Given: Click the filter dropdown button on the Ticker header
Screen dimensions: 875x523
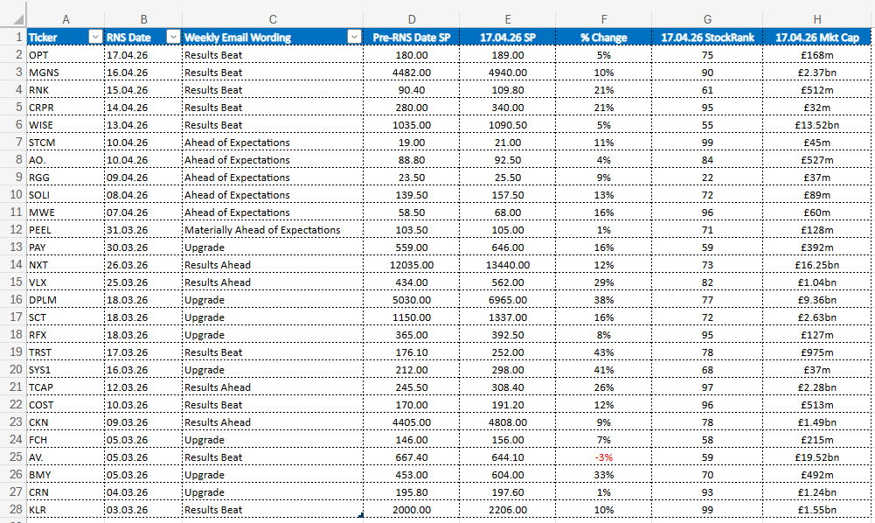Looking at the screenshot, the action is pos(95,37).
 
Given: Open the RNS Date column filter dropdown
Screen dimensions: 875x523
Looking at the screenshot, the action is pos(174,37).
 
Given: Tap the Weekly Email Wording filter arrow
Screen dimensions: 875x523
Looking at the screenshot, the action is pos(354,37).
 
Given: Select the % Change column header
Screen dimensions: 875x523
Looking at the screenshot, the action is pos(603,38).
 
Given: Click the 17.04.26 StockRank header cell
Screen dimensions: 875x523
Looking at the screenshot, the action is pos(707,38).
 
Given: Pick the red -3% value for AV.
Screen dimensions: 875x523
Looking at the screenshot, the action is pos(603,457).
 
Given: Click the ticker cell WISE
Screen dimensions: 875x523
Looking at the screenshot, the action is pos(41,125).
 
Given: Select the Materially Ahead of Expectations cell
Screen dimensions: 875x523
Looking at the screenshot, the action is pos(262,230).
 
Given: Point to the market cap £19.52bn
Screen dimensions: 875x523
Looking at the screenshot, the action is pos(817,457).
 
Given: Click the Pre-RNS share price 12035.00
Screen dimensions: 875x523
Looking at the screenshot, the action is pos(411,265).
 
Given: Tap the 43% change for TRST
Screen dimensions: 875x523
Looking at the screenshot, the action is pos(604,352).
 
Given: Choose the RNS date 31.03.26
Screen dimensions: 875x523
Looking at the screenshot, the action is pos(128,230).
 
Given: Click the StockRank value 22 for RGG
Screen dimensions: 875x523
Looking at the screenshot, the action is pos(707,178).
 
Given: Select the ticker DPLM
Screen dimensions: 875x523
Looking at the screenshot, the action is pos(43,300).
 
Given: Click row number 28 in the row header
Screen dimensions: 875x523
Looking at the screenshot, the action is pos(16,510).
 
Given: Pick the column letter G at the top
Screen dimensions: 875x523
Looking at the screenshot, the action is pos(707,19).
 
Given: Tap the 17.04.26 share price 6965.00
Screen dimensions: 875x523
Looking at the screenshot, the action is pos(508,300).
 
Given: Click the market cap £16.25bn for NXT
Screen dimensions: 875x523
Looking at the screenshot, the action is pos(817,265).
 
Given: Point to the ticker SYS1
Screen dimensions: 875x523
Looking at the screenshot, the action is pos(39,370).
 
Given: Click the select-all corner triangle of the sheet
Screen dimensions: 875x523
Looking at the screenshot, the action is pos(18,19).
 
